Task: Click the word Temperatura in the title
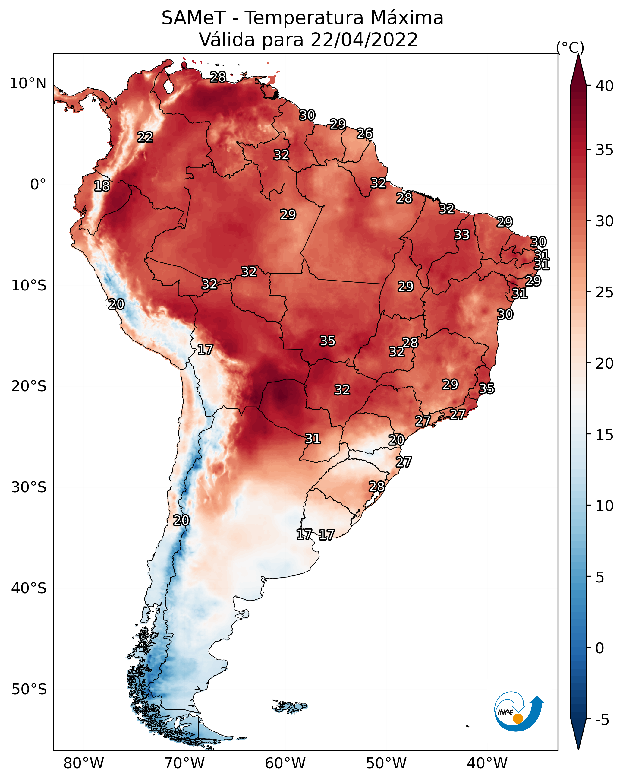click(x=304, y=18)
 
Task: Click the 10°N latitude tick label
click(x=28, y=84)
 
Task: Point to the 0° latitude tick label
click(x=38, y=185)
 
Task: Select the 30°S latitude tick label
click(x=29, y=487)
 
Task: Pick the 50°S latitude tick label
click(x=29, y=689)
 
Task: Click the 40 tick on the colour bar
click(x=605, y=86)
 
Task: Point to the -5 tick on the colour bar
click(x=602, y=720)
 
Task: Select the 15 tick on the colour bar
click(x=605, y=435)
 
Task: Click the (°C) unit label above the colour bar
click(x=570, y=47)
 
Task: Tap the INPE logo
click(x=518, y=712)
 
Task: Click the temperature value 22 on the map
click(x=145, y=137)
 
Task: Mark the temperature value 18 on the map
click(x=102, y=186)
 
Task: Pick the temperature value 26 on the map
click(x=364, y=134)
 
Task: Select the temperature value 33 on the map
click(x=462, y=235)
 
